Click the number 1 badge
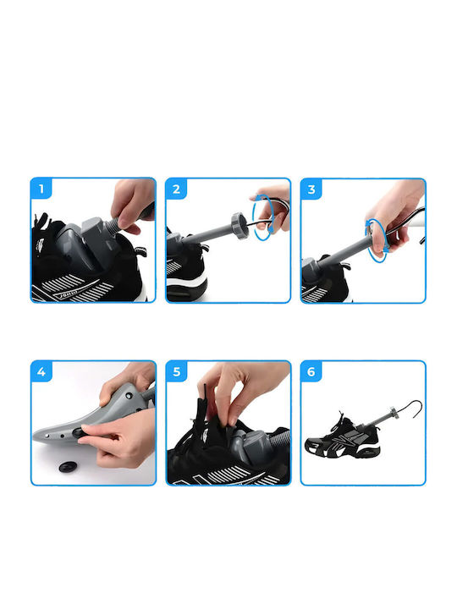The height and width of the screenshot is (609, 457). [x=41, y=189]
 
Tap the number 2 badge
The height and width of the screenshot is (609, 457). [x=176, y=189]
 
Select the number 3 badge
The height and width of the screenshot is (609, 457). [x=311, y=189]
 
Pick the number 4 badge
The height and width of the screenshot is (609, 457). [x=41, y=371]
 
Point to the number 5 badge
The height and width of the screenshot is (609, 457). [x=176, y=371]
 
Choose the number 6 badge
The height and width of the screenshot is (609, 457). [x=311, y=371]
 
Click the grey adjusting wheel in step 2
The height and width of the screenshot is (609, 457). [x=240, y=226]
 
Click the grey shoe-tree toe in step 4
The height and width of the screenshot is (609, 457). [x=58, y=431]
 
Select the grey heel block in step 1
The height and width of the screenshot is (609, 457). [x=96, y=234]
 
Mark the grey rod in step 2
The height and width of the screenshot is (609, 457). [x=209, y=233]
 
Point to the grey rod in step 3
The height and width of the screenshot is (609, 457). [x=343, y=253]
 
